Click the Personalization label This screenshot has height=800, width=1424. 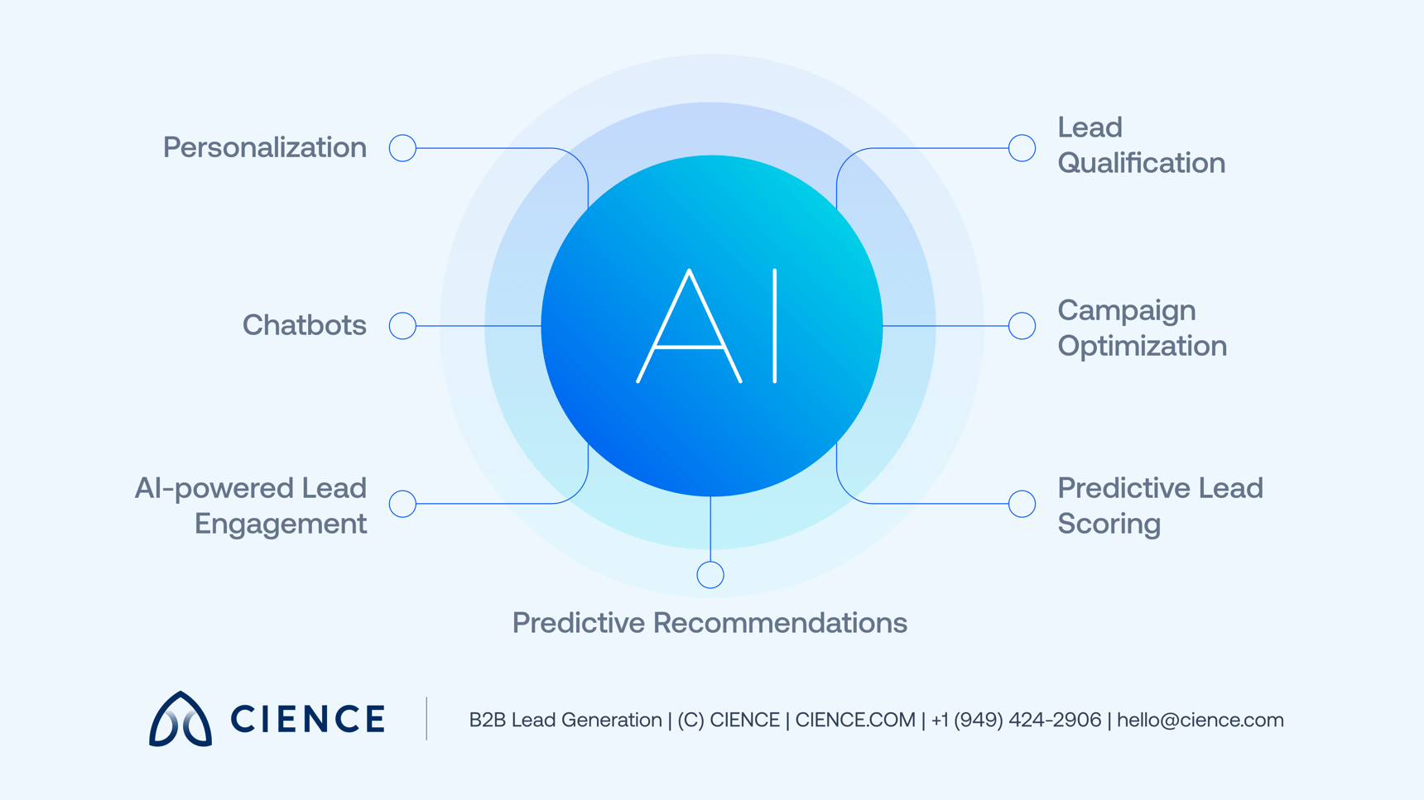[x=264, y=147]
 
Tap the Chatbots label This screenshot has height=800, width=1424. [x=304, y=325]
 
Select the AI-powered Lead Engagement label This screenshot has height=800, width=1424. [x=251, y=505]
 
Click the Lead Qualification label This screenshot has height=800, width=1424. [x=1141, y=145]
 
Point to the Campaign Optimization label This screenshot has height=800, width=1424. [x=1142, y=328]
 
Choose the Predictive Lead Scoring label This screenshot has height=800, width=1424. [x=1159, y=505]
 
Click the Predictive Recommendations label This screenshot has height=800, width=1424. [x=710, y=622]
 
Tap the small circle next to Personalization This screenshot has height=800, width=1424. [x=402, y=148]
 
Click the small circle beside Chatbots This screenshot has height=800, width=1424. [x=402, y=325]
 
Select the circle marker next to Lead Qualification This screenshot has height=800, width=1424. [x=1022, y=148]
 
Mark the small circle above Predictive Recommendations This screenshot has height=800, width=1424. [x=710, y=574]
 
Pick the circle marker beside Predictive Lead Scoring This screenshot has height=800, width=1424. [x=1022, y=503]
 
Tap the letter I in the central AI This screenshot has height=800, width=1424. [x=775, y=326]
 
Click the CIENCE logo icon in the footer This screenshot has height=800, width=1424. [x=180, y=719]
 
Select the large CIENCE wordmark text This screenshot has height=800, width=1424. [x=307, y=719]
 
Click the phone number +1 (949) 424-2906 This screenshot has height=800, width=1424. [x=1016, y=720]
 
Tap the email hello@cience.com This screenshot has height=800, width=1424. [x=1200, y=720]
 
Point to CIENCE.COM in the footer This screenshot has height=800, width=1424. [x=854, y=720]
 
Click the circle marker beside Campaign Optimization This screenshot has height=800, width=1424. [x=1022, y=325]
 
